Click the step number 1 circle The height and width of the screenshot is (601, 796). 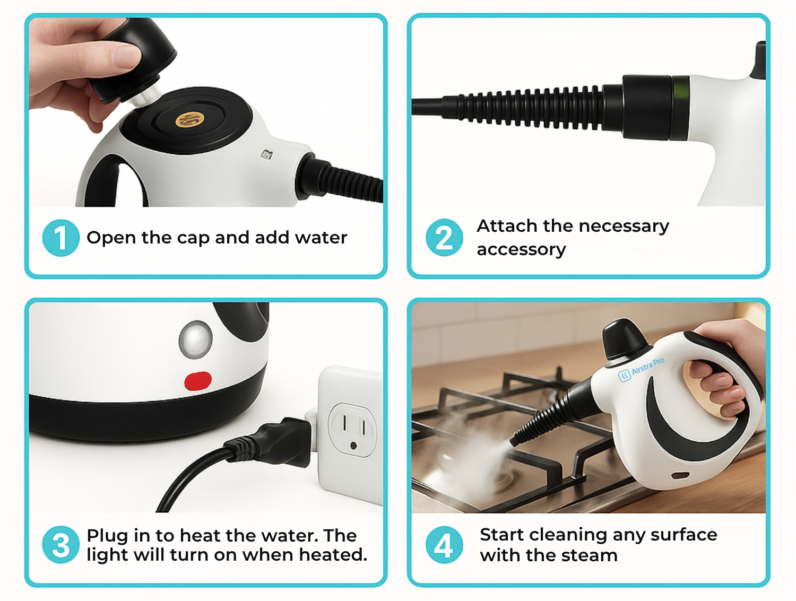pos(60,238)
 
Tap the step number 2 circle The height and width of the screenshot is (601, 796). pos(444,238)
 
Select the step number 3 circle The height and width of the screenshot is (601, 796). pos(60,544)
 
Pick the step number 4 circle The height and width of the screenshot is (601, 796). pos(444,544)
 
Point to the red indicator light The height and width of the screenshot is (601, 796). pos(198,381)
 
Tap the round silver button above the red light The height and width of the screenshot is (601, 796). pos(196,339)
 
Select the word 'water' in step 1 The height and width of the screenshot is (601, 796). pos(321,238)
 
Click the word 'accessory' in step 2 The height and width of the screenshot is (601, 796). pos(521,250)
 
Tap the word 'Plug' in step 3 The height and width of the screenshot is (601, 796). pos(107,536)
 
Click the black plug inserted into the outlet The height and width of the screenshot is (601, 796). pos(278,442)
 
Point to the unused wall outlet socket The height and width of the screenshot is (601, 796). pos(352,430)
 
